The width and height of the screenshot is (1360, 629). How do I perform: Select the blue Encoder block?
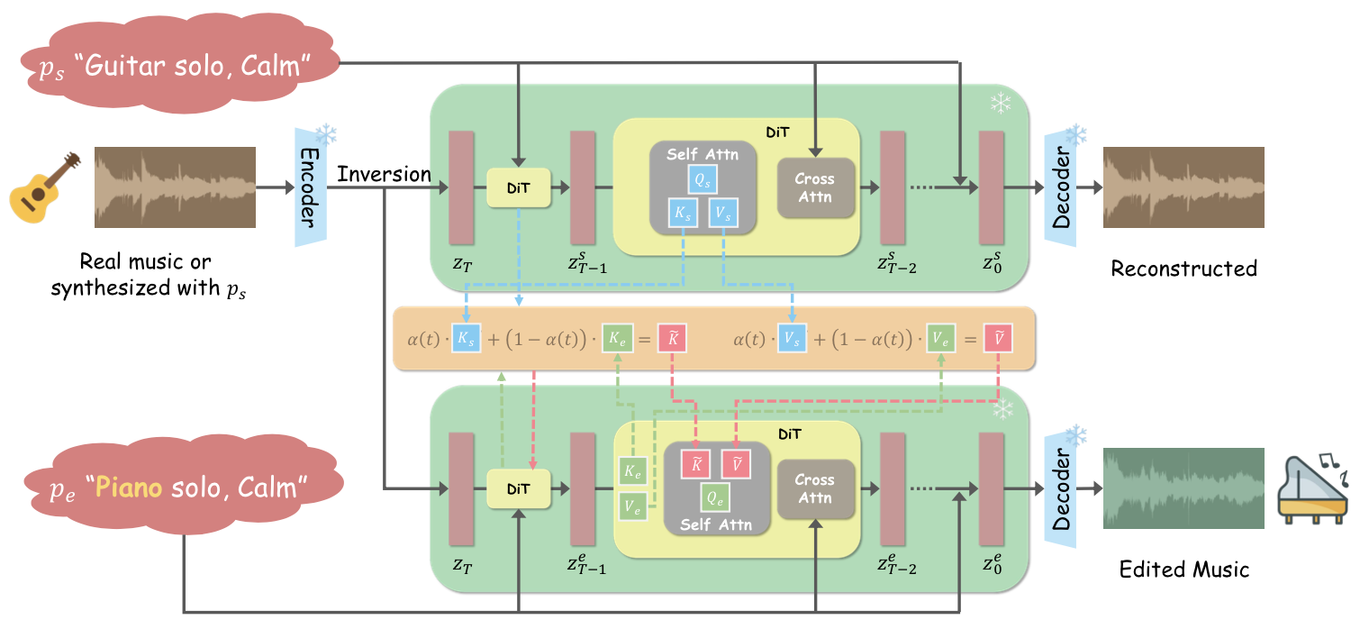[306, 187]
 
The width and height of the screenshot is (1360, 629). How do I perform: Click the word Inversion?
[385, 175]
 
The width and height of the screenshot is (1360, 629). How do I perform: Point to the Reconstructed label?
[1183, 269]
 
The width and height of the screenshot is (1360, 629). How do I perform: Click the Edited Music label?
[1183, 570]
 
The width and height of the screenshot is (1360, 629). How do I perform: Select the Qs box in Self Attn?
[703, 180]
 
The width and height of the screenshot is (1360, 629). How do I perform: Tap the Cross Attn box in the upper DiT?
[815, 188]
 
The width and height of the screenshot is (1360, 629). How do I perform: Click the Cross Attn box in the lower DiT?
[815, 489]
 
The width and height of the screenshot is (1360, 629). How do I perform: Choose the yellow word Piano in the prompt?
[129, 489]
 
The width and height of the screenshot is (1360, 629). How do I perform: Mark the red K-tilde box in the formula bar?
[673, 339]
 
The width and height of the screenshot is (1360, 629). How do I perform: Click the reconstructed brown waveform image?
[1183, 187]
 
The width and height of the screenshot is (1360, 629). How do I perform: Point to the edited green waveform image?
[1183, 489]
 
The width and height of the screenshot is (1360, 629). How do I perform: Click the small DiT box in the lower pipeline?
[518, 489]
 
